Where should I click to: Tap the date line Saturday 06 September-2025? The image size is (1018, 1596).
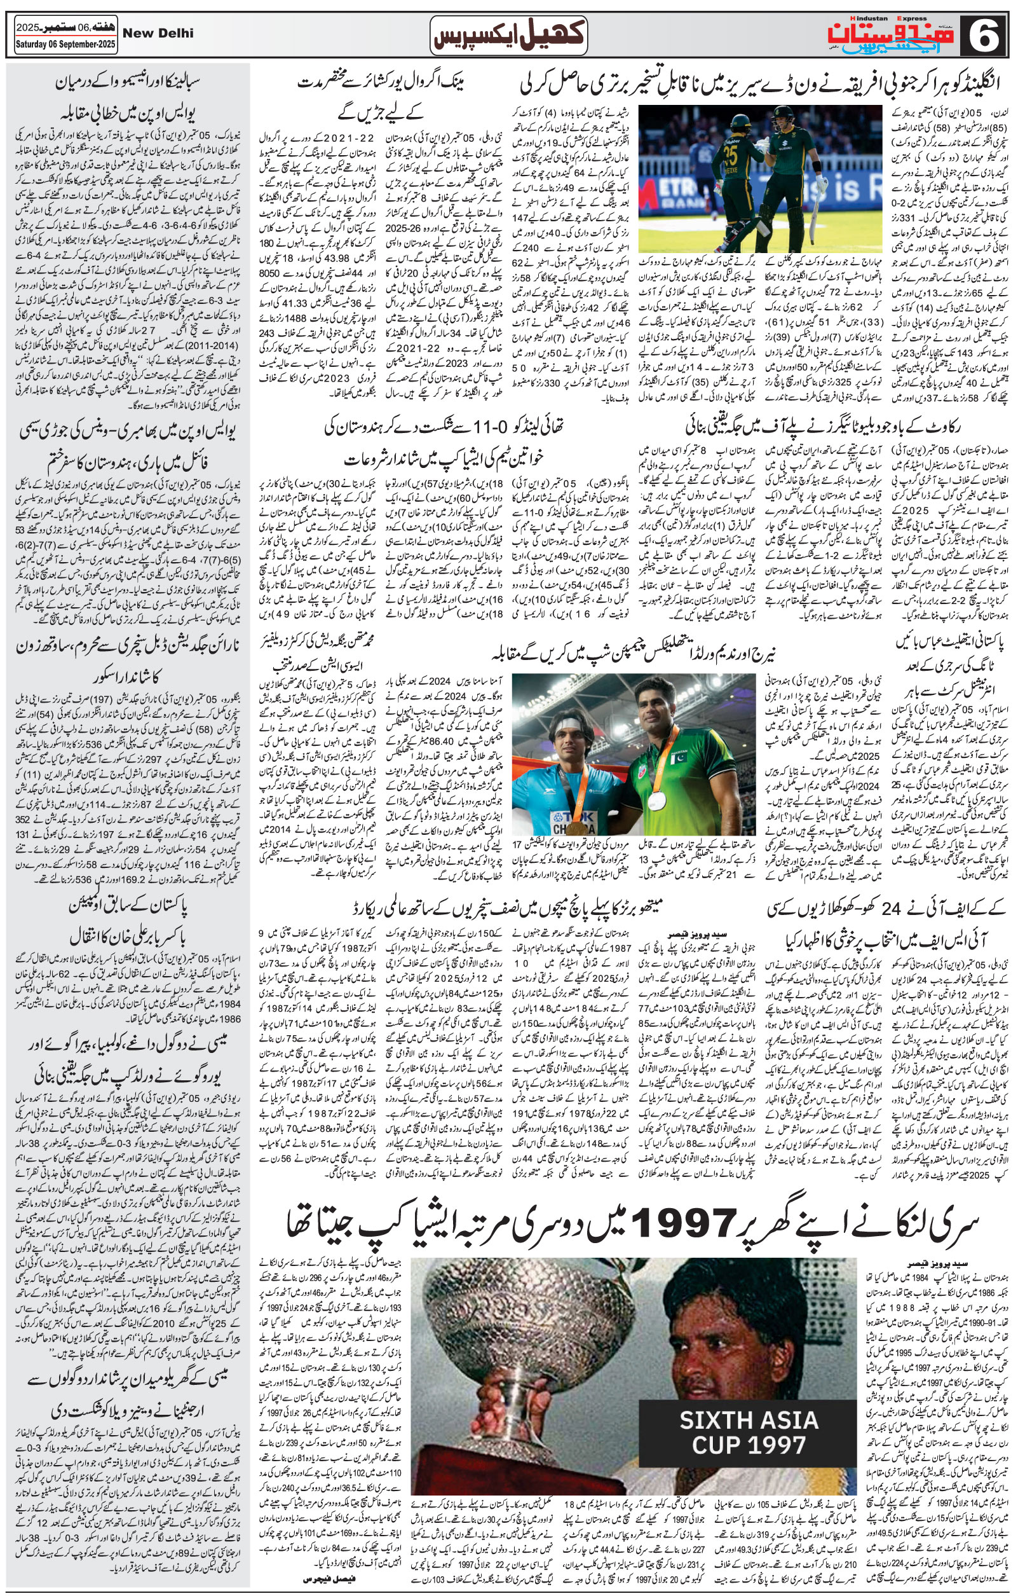point(60,47)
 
